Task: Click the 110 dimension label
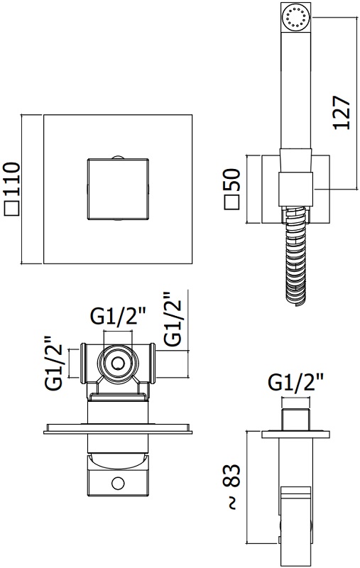12,180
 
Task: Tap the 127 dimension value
342,112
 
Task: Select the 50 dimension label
232,180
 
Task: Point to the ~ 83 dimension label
232,486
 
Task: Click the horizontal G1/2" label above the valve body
118,317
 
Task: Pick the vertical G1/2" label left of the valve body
53,363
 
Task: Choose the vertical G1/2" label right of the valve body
172,319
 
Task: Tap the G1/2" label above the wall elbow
295,382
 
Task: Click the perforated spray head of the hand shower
296,17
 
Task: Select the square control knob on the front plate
118,189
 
